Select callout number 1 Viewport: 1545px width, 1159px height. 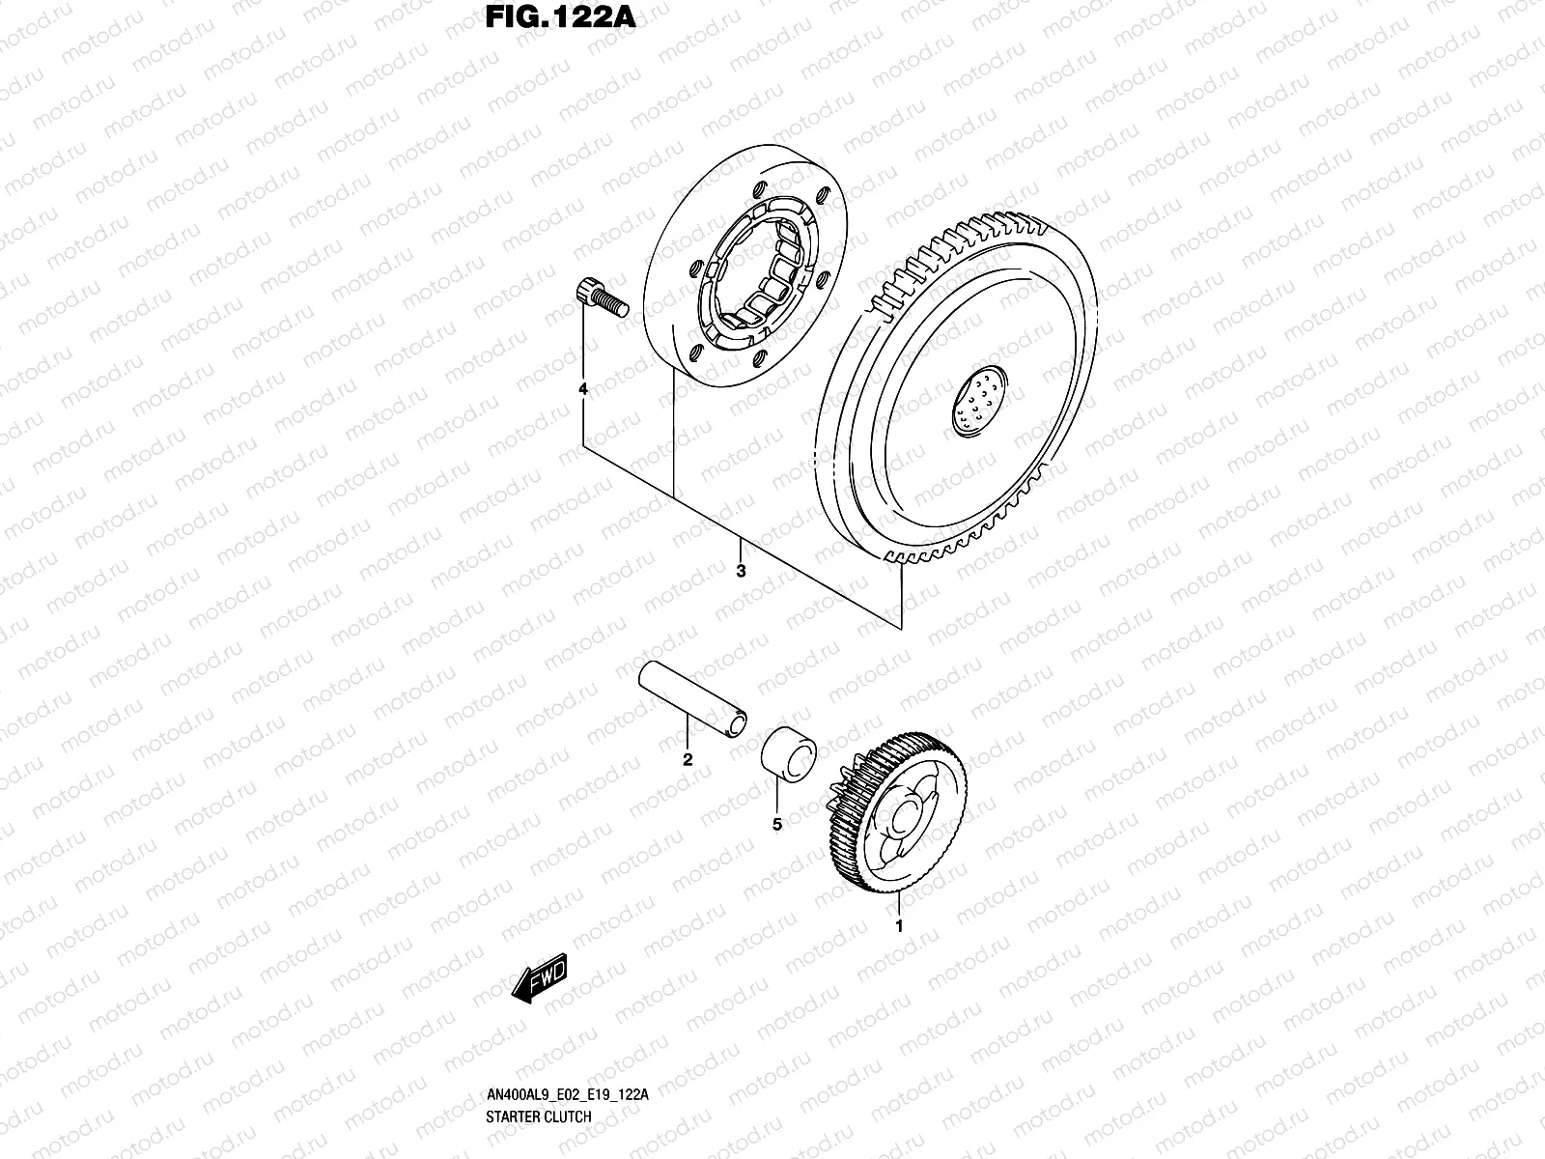[x=899, y=926]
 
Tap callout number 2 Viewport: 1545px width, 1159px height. [x=688, y=759]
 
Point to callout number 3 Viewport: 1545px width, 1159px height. [x=741, y=571]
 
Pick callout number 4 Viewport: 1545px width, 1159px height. [x=582, y=388]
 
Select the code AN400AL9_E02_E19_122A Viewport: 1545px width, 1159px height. [x=566, y=1122]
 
